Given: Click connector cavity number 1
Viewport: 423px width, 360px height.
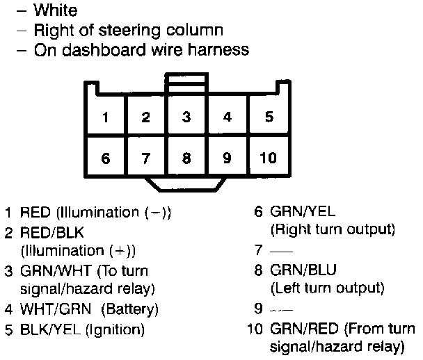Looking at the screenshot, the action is (x=105, y=117).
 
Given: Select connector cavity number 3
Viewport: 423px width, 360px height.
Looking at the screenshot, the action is (x=186, y=117).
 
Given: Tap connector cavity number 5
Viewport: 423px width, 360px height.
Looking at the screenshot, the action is (x=269, y=117).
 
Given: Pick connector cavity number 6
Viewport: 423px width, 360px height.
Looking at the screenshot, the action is (x=105, y=158).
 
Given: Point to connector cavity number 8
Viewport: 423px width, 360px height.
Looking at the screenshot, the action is (x=186, y=158).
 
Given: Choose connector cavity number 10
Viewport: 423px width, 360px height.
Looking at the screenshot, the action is (x=269, y=158).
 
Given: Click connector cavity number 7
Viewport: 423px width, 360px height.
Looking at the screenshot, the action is (x=145, y=158).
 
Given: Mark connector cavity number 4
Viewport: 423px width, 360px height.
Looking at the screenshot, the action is (x=228, y=117).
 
